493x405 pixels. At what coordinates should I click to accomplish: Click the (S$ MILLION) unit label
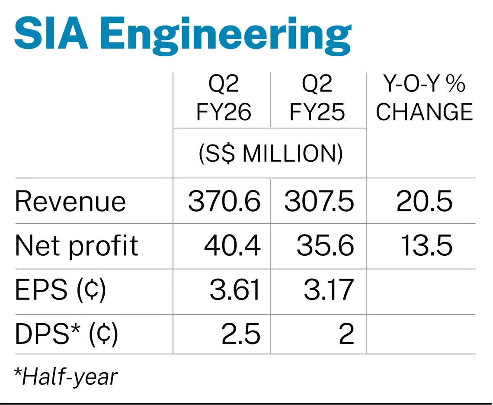(271, 154)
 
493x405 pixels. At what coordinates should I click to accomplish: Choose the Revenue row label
(70, 202)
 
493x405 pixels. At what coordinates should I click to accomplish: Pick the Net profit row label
(76, 246)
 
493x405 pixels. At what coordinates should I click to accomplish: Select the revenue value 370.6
(224, 202)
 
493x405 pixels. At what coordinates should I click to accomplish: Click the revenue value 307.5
(319, 202)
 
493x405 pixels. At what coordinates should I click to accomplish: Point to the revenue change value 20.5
(424, 202)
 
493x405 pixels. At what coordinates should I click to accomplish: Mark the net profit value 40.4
(232, 246)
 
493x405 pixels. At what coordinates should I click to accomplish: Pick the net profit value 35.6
(325, 246)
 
